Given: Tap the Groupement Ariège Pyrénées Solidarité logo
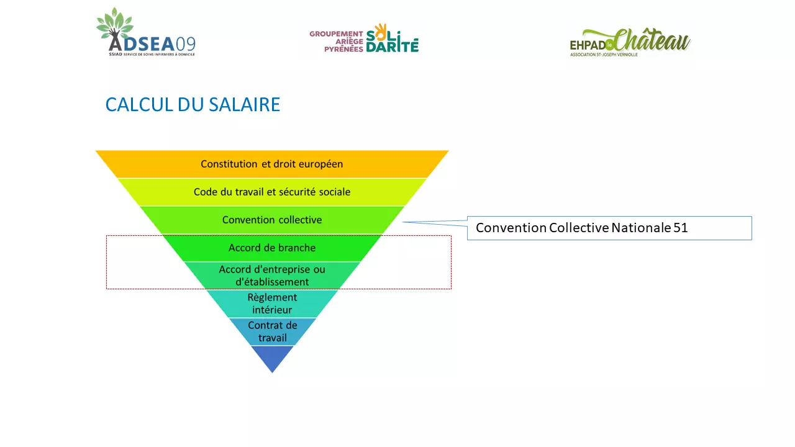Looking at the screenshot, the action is [364, 38].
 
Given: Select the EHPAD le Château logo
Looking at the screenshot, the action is [630, 42].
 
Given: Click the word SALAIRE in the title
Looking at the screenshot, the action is [244, 105].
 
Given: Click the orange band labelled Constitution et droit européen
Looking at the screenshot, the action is [272, 164].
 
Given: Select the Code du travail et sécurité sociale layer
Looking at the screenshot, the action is [272, 192].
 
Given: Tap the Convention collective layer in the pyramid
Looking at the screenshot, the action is [272, 220].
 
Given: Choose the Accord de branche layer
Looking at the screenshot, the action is [272, 248].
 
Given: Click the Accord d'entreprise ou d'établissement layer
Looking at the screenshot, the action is [272, 276].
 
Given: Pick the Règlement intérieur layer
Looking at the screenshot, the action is [272, 304].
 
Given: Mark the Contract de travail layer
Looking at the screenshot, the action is [272, 332].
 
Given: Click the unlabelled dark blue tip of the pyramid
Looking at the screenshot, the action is [272, 357].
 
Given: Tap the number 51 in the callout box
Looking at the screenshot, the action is [680, 228].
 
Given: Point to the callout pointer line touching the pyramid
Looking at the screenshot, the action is [435, 223].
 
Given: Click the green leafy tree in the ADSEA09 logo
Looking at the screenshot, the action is [115, 24].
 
